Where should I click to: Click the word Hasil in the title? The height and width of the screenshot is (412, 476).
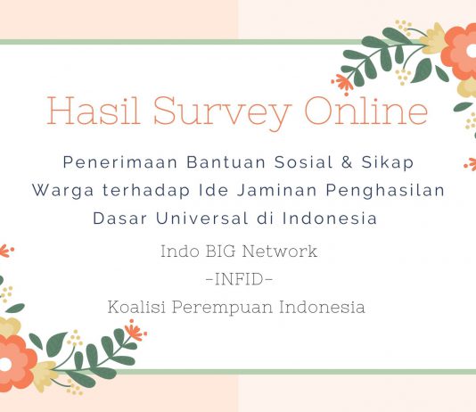coord(94,111)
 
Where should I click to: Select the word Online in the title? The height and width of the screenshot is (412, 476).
coord(366,111)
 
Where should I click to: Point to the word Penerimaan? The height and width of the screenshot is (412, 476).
coord(120,162)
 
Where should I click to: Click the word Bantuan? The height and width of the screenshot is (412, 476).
coord(226,162)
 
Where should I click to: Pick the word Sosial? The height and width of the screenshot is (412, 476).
coord(304,162)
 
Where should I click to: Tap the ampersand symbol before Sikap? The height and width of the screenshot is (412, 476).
coord(347,162)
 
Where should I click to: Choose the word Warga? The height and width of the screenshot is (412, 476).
coord(62,191)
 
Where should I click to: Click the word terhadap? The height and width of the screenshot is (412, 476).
coord(145,191)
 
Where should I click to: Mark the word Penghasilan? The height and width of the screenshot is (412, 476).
coord(385,191)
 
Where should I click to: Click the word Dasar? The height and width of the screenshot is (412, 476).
coord(120,218)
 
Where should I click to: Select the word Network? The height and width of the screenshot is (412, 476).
coord(280,251)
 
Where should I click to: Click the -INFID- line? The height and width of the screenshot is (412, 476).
coord(239,279)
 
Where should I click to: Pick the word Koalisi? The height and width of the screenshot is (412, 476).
coord(136,307)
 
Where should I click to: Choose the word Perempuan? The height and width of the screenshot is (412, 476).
coord(223,308)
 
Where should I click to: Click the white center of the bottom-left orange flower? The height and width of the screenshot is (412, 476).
coord(4,365)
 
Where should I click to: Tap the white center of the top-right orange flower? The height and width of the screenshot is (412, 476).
coord(472,51)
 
